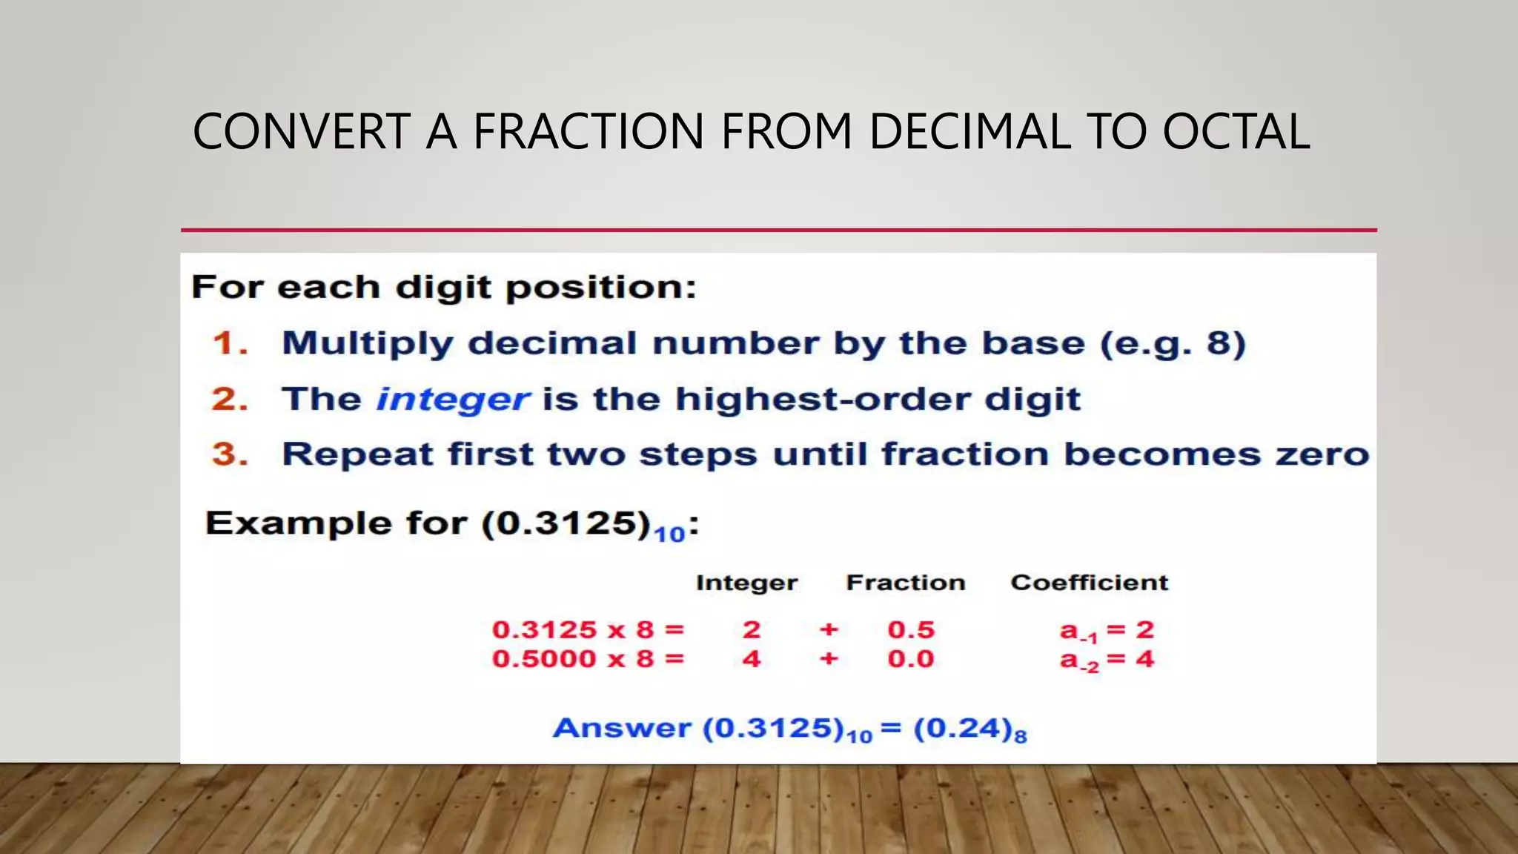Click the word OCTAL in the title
tap(1236, 132)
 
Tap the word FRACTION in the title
tap(589, 132)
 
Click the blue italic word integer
tap(453, 400)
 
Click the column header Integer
tap(746, 583)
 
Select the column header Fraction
tap(906, 583)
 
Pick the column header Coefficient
tap(1090, 583)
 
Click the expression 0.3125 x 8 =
tap(588, 630)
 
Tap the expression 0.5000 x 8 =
tap(588, 659)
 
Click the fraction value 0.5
tap(911, 630)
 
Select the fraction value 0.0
tap(911, 659)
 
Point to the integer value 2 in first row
tap(752, 630)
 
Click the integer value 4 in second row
tap(752, 659)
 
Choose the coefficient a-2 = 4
tap(1107, 660)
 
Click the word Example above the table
tap(299, 523)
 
